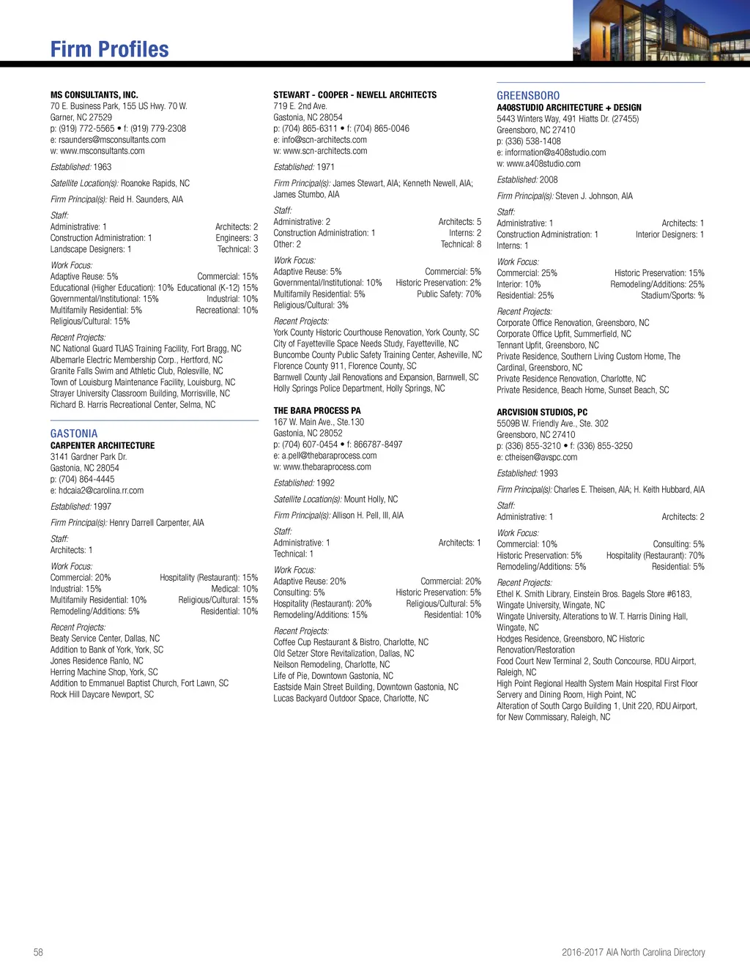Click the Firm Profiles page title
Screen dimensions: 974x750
(110, 49)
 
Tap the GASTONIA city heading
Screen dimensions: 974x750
(74, 434)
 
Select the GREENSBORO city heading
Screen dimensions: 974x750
(528, 96)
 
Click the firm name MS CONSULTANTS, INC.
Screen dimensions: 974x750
(94, 94)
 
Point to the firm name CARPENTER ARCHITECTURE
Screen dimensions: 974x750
(103, 445)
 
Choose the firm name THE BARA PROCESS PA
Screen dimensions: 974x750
(317, 411)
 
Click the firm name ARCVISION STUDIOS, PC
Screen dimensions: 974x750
(542, 412)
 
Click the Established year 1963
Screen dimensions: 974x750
(103, 167)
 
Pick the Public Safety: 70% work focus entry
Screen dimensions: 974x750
(449, 294)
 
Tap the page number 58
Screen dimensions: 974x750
(38, 952)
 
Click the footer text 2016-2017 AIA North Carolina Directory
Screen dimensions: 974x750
(633, 952)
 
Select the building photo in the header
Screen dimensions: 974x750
(661, 30)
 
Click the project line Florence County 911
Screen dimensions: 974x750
(345, 366)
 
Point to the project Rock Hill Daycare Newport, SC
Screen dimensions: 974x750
(102, 694)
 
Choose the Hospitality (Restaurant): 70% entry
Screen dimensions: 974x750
(655, 556)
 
